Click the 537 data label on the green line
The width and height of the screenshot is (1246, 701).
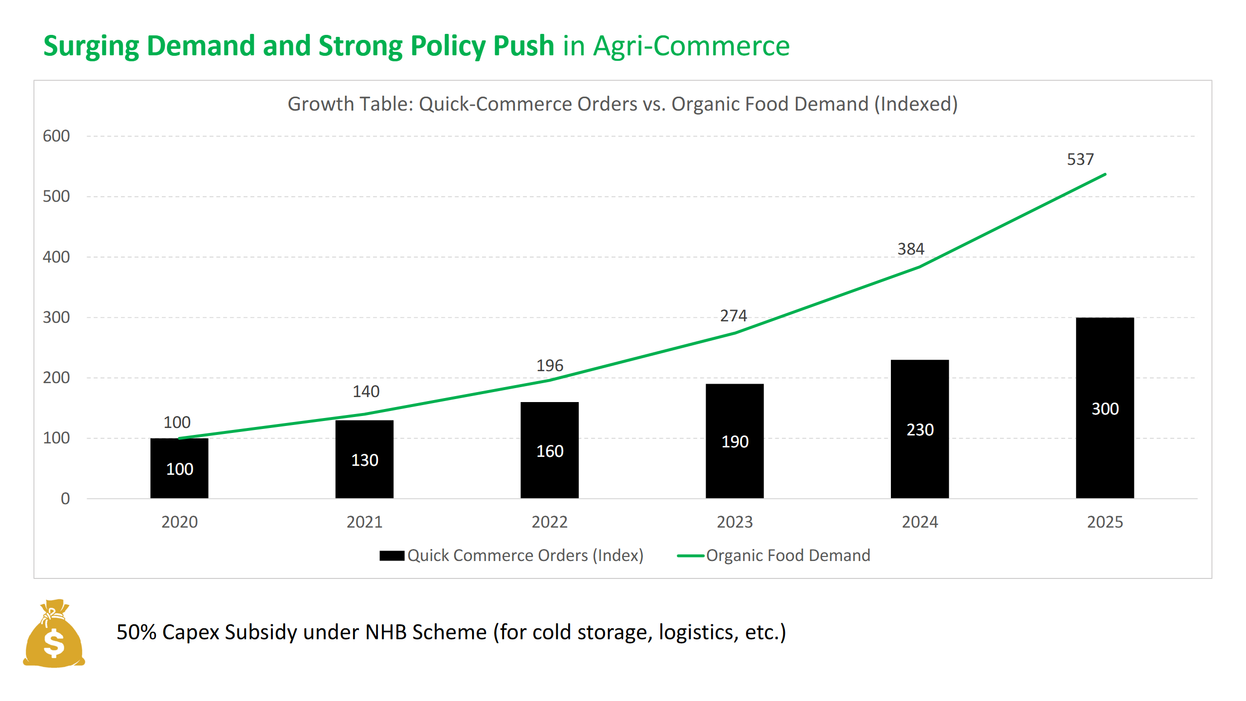(x=1080, y=159)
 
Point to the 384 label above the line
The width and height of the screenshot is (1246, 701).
(x=910, y=249)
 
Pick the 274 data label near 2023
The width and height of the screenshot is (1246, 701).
(x=733, y=316)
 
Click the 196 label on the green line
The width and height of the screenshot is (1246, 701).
(x=549, y=366)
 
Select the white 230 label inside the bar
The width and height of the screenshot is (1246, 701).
(x=920, y=429)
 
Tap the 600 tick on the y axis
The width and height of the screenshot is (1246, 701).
(x=56, y=136)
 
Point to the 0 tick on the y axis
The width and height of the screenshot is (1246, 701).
(x=65, y=499)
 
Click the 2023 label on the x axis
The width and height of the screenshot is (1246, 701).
(x=735, y=522)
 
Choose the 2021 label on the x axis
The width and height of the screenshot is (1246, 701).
(x=365, y=522)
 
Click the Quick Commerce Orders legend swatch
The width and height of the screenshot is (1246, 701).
(x=391, y=556)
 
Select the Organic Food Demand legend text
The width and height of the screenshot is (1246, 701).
(x=788, y=556)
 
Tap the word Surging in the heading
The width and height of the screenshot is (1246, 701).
(x=91, y=46)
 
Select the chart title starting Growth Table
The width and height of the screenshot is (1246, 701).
(x=623, y=104)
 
